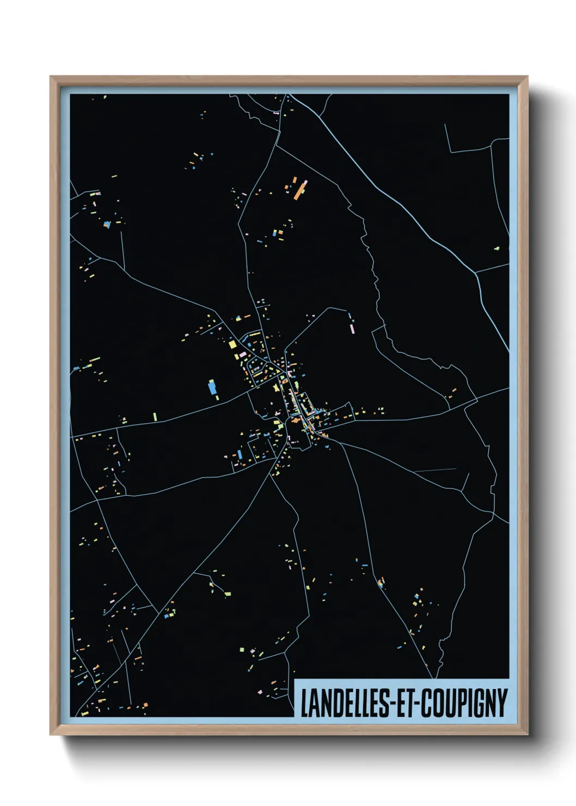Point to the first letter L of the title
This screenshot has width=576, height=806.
pos(304,703)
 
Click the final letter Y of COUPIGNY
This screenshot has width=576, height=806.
pos(503,703)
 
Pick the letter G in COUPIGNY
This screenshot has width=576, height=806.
pos(479,703)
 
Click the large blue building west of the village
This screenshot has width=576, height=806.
pos(212,387)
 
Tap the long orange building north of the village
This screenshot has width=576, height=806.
pos(300,190)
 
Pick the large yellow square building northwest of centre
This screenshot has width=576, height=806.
pos(232,344)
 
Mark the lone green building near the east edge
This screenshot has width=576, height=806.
pos(497,248)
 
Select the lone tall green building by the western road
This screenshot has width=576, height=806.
pos(155,416)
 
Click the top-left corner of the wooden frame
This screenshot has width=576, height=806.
pos(51,77)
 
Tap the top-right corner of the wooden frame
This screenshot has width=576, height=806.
pos(526,77)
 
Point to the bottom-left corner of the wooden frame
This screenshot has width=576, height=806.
pos(51,734)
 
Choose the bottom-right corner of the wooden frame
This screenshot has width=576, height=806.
pos(526,734)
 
